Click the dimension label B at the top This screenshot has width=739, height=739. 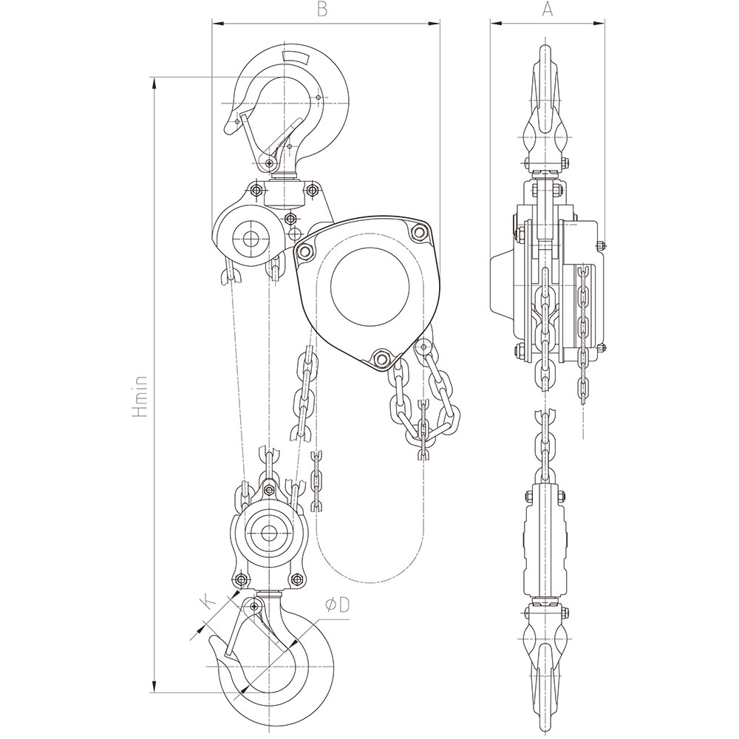[x=321, y=9]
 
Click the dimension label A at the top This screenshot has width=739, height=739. [x=547, y=9]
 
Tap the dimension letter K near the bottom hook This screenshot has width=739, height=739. [x=209, y=604]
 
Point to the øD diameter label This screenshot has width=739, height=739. [x=336, y=606]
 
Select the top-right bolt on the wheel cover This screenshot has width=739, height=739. [x=420, y=233]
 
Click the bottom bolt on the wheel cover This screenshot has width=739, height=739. [x=381, y=359]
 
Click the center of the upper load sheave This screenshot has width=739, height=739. [x=248, y=238]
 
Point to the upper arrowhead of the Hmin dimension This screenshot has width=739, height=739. [x=154, y=81]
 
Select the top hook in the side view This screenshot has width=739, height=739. [x=547, y=103]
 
